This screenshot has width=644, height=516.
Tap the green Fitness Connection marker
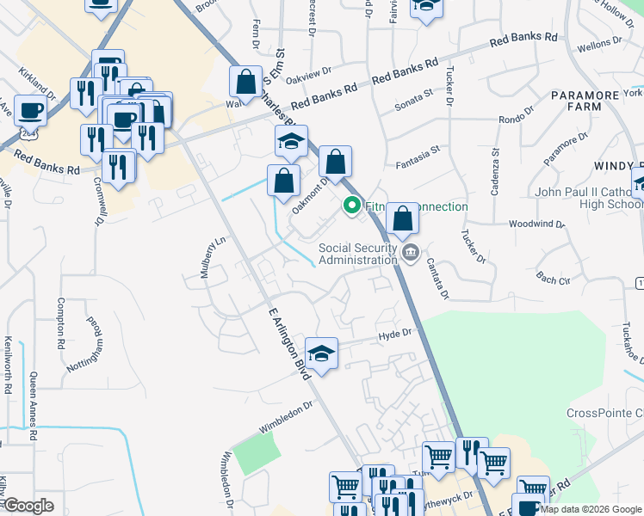[x=351, y=206]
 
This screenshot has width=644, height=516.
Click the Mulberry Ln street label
[x=207, y=254]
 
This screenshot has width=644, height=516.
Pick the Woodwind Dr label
[x=536, y=224]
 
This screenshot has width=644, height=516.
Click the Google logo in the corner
[x=29, y=507]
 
